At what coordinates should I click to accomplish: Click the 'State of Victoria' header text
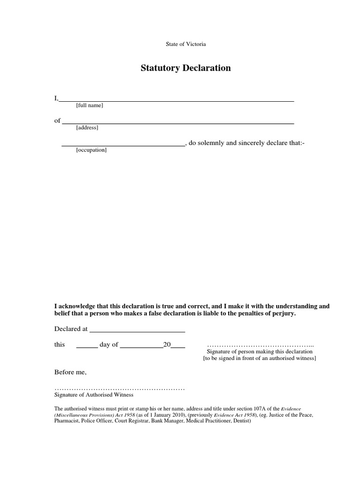click(x=186, y=44)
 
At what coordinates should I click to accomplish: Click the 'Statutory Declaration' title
click(x=186, y=68)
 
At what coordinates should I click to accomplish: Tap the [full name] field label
click(x=89, y=105)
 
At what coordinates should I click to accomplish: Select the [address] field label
click(x=87, y=127)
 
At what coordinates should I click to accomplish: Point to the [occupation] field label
click(x=91, y=150)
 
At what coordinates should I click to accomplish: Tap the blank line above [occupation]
click(x=124, y=145)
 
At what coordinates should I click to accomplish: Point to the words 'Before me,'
click(x=71, y=372)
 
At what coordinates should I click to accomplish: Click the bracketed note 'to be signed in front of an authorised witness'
click(x=259, y=358)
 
